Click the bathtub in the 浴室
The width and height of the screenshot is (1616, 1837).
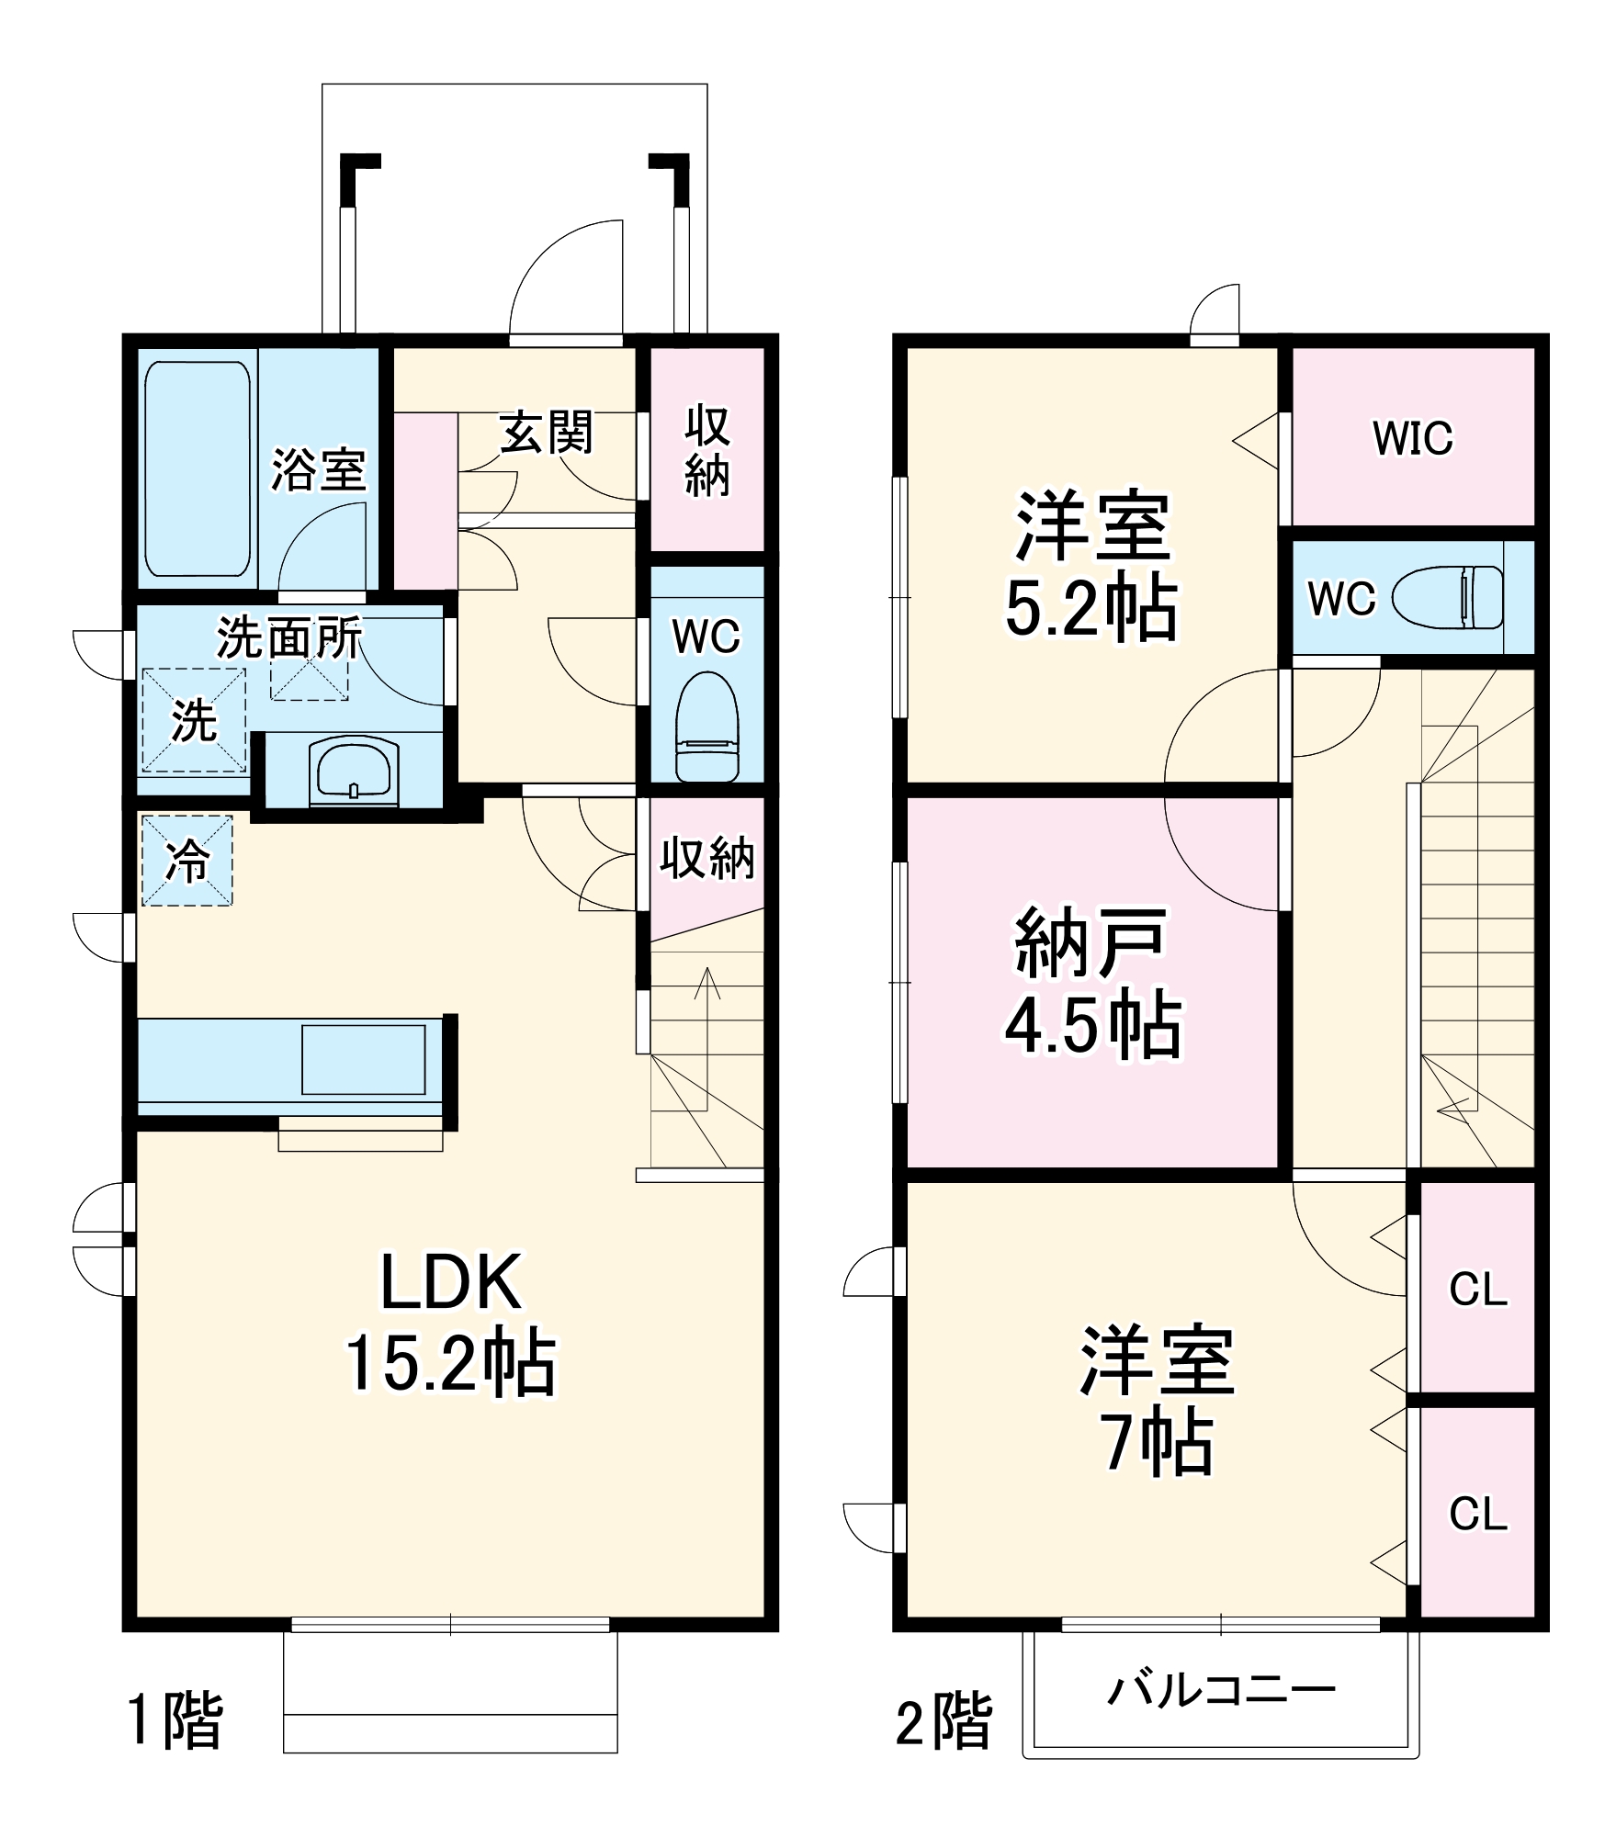click(198, 468)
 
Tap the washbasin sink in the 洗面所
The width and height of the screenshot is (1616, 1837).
click(354, 770)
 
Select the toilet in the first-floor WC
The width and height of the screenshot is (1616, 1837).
click(706, 727)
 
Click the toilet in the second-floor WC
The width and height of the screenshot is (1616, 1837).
click(1449, 597)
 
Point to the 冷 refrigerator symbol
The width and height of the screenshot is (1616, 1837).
click(186, 861)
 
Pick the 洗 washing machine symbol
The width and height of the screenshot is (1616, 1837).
click(194, 719)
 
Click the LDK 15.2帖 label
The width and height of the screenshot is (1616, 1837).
click(450, 1323)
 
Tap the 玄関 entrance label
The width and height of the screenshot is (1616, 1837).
click(547, 432)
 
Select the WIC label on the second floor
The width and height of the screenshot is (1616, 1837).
click(1413, 438)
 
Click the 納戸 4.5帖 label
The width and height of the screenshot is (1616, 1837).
click(1092, 983)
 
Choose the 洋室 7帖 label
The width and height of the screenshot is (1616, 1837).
click(1158, 1400)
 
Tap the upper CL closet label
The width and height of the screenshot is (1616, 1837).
click(1478, 1290)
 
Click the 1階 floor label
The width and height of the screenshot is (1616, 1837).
click(175, 1720)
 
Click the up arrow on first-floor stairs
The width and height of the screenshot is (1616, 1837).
click(707, 983)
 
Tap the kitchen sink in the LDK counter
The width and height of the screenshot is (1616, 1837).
click(364, 1060)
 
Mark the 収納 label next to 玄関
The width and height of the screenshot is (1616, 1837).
click(706, 450)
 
